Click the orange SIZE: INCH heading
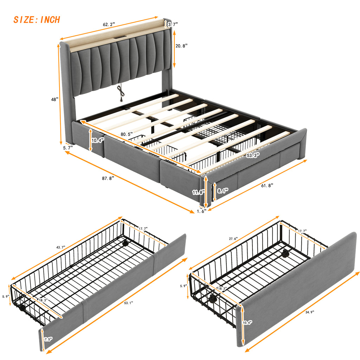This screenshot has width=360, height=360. point(37,20)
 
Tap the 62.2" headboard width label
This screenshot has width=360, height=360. point(109,24)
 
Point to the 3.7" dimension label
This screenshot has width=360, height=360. point(173,24)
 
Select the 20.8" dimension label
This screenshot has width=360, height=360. point(181,46)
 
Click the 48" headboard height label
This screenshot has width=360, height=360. point(54,99)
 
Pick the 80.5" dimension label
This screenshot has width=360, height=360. point(127,134)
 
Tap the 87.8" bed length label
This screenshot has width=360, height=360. point(108,178)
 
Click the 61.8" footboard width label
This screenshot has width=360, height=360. point(267,186)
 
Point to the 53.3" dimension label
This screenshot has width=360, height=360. point(253,155)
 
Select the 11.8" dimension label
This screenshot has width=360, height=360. point(198,192)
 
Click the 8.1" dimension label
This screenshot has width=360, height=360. point(223,191)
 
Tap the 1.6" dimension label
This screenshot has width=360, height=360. point(201,211)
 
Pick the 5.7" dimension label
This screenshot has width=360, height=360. point(68,148)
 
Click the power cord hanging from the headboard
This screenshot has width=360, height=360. point(121,93)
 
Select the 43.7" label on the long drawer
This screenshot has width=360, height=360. point(60,247)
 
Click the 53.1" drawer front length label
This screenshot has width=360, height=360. point(128,303)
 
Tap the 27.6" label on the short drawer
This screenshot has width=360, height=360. point(233,239)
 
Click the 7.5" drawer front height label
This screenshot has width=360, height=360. point(48,339)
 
